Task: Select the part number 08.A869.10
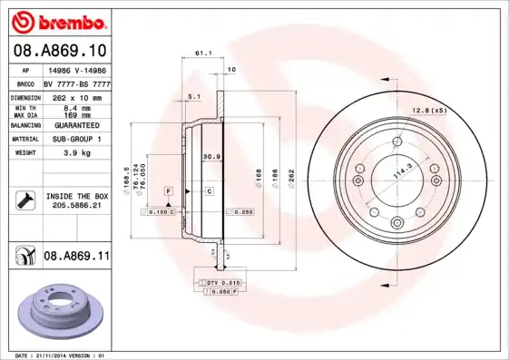[x=58, y=50]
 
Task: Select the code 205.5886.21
[x=77, y=206]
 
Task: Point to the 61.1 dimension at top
[x=203, y=54]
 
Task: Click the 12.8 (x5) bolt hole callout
[x=430, y=111]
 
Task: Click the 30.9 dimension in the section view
[x=211, y=157]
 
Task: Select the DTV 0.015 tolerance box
[x=218, y=284]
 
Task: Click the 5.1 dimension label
[x=193, y=95]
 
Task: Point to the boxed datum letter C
[x=209, y=191]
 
